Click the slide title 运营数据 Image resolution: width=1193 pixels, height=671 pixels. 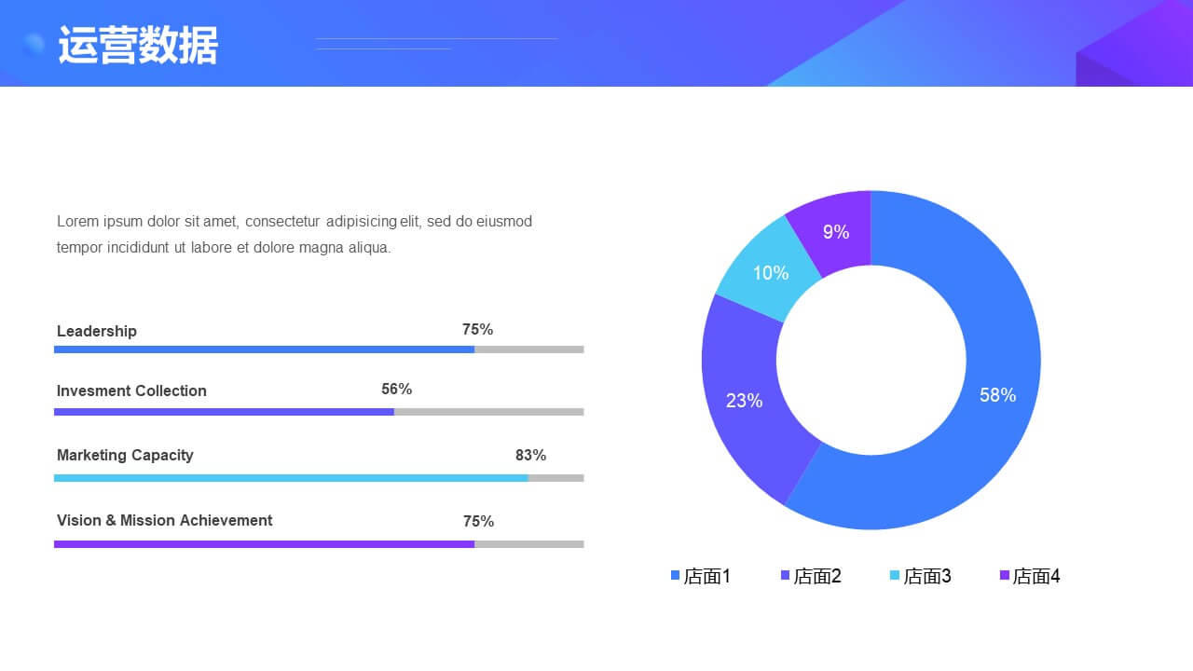(x=138, y=46)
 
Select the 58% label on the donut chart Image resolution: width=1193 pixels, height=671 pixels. (x=997, y=395)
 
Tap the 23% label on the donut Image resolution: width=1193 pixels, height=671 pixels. (x=744, y=401)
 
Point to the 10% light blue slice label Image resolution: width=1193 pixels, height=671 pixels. (x=771, y=273)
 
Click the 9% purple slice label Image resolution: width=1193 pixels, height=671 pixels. (x=836, y=232)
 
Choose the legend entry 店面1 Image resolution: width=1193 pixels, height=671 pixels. (x=701, y=576)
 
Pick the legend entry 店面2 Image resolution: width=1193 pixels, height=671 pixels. (x=811, y=576)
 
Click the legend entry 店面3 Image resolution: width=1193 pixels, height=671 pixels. (x=921, y=576)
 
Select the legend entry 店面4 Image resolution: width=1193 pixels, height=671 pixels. (x=1030, y=576)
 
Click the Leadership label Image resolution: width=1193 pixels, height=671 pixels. (x=96, y=331)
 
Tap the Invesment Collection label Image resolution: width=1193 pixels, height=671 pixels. (x=131, y=390)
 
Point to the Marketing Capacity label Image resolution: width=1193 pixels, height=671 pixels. (x=125, y=456)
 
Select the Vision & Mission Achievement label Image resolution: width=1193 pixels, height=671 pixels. (x=165, y=520)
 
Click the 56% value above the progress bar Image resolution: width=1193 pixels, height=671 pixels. (x=396, y=390)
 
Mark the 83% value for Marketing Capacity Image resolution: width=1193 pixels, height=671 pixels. (x=530, y=456)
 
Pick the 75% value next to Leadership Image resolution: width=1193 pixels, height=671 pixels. (x=477, y=330)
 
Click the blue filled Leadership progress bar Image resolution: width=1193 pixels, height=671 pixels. (x=264, y=349)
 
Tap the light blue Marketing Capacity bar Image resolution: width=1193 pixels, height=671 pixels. (x=291, y=478)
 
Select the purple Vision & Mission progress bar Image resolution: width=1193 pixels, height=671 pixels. (x=264, y=544)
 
